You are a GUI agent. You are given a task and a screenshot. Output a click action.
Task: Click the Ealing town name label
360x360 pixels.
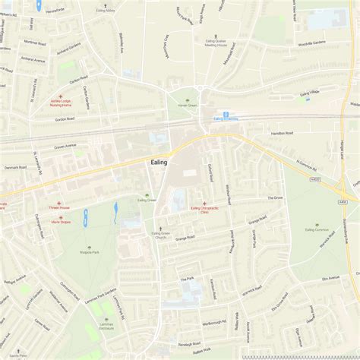tap(158, 162)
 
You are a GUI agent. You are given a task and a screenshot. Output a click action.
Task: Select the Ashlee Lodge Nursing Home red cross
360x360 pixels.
tap(60, 97)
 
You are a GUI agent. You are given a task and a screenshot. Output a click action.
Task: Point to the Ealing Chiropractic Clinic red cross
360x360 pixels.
tap(204, 204)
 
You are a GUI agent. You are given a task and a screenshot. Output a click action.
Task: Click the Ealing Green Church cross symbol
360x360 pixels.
tap(159, 227)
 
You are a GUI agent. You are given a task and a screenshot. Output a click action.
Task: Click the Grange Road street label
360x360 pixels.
tap(185, 238)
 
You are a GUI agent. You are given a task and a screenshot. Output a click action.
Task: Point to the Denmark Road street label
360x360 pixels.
tap(16, 166)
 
